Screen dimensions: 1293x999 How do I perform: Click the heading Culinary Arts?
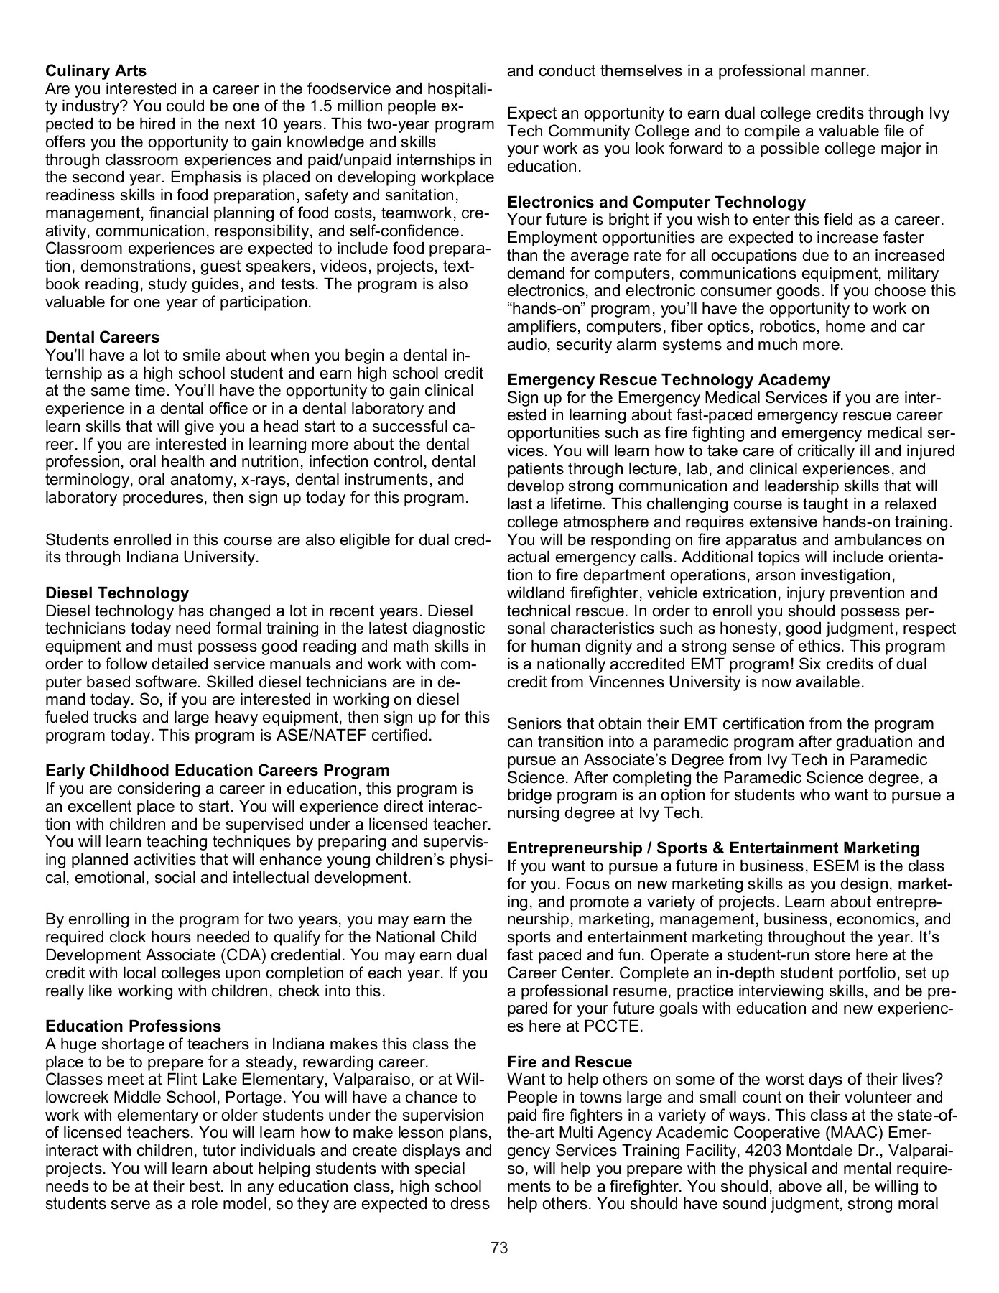[x=96, y=71]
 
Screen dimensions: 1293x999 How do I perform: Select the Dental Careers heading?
[x=102, y=337]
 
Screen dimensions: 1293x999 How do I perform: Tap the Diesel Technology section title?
[x=117, y=593]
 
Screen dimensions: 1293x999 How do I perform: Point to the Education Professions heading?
[x=133, y=1026]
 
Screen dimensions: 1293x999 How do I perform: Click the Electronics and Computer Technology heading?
[x=656, y=202]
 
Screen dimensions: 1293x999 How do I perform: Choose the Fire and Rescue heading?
[x=570, y=1062]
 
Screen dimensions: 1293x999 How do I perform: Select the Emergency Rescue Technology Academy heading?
[x=668, y=379]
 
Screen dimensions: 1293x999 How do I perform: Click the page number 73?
[x=499, y=1248]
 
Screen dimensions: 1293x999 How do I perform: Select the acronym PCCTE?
[x=613, y=1026]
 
